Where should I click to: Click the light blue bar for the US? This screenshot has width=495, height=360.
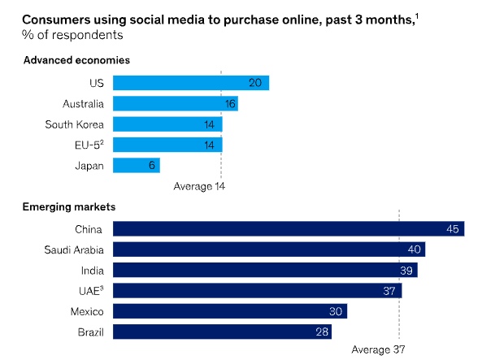click(x=190, y=83)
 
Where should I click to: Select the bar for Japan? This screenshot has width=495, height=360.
click(x=136, y=166)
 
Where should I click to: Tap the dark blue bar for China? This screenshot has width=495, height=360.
click(x=288, y=229)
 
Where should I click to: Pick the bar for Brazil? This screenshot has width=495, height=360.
click(x=224, y=332)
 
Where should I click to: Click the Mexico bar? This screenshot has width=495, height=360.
click(x=229, y=311)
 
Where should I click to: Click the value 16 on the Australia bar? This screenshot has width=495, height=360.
click(x=229, y=104)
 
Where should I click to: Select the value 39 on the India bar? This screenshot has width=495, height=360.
click(x=407, y=271)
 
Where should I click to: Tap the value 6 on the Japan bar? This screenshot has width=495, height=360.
click(x=152, y=166)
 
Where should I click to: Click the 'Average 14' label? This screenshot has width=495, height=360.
click(x=199, y=186)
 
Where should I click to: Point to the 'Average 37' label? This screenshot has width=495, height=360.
click(x=378, y=350)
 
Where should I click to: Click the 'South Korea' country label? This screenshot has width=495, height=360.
click(x=74, y=124)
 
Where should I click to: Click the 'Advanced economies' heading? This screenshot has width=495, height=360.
click(x=76, y=60)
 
